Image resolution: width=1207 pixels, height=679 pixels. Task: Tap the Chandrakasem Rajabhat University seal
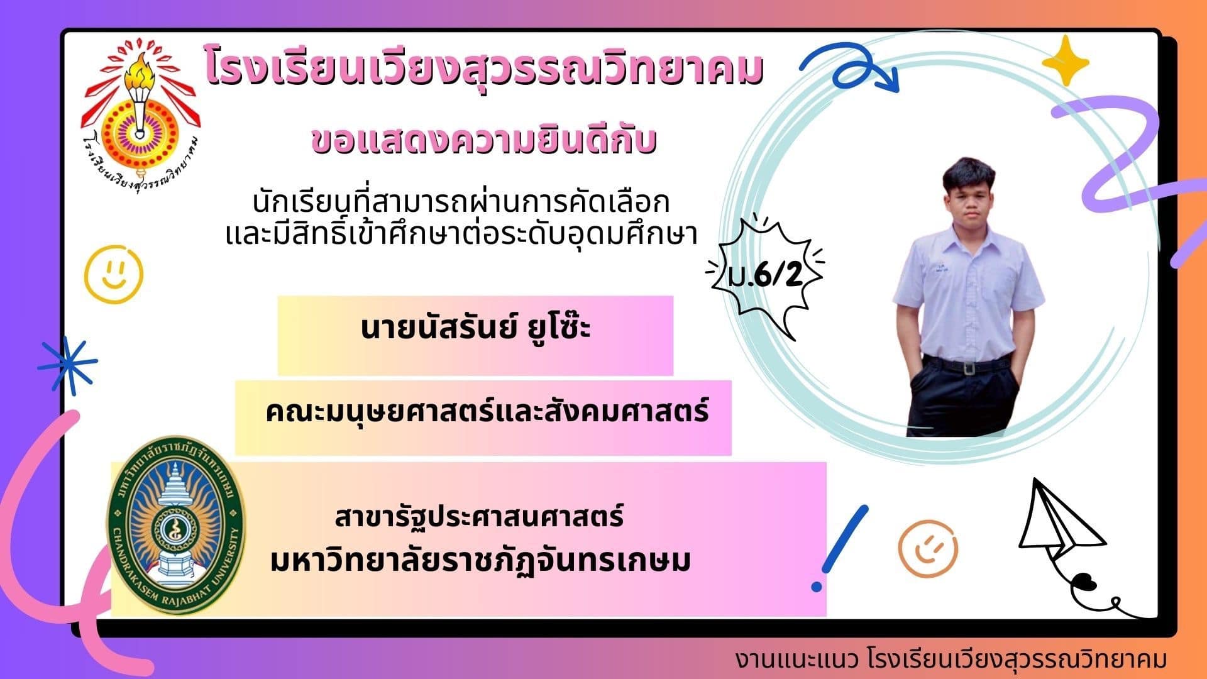175,526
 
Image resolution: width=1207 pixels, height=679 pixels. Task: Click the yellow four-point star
1066,61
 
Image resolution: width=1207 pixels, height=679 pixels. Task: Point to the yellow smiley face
114,274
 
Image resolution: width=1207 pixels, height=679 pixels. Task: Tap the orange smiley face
928,548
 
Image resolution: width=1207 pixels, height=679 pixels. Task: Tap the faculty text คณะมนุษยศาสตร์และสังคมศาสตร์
487,412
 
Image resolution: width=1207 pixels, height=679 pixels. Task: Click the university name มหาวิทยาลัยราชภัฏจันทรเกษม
480,561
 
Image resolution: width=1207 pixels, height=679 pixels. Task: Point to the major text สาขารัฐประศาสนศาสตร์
479,517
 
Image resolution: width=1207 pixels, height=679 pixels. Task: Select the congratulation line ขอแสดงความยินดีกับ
484,140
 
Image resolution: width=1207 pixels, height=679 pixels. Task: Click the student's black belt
967,364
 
